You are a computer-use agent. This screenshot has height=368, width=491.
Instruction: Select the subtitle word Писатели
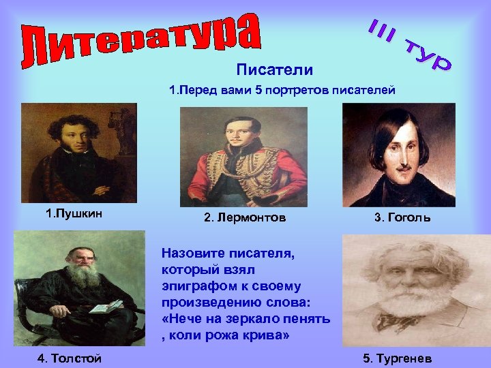pos(275,70)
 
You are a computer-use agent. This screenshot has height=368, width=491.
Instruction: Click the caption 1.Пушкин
pos(74,214)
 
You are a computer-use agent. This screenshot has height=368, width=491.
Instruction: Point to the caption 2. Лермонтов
pos(245,218)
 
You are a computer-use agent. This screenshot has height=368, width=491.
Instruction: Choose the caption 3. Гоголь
pos(402,218)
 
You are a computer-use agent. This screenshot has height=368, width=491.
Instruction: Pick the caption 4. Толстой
pos(70,358)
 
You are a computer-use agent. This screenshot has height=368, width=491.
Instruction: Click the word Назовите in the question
pos(188,252)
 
